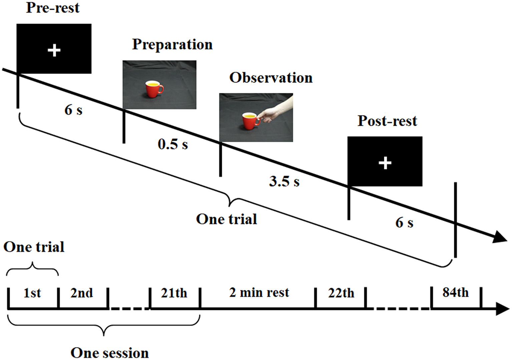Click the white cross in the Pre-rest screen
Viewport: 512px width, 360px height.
click(x=54, y=50)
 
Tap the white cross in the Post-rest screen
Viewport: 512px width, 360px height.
click(x=385, y=163)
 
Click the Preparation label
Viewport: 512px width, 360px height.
click(x=172, y=44)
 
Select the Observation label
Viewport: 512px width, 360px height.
click(x=271, y=78)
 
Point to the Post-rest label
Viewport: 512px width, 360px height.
click(x=387, y=121)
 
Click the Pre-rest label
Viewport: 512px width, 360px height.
click(x=53, y=8)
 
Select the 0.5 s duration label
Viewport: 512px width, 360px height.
click(x=173, y=144)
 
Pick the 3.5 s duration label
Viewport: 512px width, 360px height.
click(x=284, y=182)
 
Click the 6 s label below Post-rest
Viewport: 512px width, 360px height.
click(x=404, y=223)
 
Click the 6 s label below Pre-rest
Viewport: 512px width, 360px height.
click(x=73, y=110)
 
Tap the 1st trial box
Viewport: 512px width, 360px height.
click(x=32, y=293)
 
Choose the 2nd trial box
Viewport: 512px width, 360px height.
click(x=82, y=293)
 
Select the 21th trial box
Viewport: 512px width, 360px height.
click(x=174, y=293)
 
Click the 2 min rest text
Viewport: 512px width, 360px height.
click(x=259, y=293)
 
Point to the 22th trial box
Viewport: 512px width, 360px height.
click(x=341, y=293)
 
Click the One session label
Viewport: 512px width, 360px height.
click(x=109, y=353)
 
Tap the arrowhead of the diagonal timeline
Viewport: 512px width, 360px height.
click(x=500, y=237)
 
